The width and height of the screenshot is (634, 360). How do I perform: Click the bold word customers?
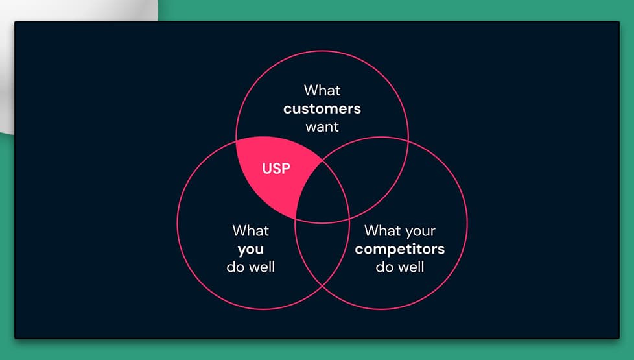[x=322, y=108]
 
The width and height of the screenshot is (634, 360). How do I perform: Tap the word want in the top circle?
[x=322, y=126]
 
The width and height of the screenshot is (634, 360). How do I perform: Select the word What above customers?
[x=322, y=90]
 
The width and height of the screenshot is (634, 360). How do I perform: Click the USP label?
[x=276, y=169]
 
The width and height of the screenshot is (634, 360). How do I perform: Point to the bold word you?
[x=251, y=249]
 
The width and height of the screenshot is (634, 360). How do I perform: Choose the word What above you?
[x=251, y=230]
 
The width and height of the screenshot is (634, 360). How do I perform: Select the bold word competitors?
[x=400, y=249]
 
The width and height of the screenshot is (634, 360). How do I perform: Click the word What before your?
[x=382, y=230]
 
